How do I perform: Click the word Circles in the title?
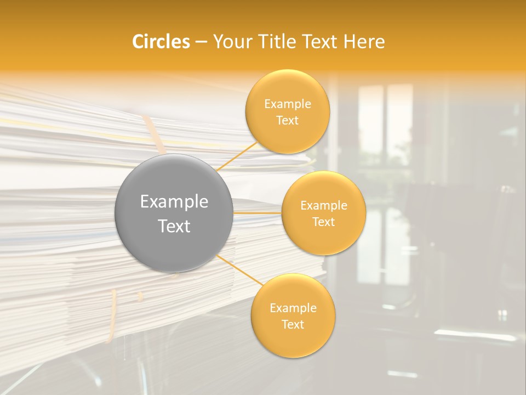click(161, 42)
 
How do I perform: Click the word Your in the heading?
click(232, 42)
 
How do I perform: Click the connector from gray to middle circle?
click(257, 213)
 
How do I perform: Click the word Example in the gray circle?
click(174, 202)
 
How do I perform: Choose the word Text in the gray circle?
click(174, 226)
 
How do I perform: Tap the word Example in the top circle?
click(287, 104)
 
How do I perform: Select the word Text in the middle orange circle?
click(323, 222)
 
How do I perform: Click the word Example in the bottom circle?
click(293, 308)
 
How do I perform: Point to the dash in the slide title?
click(201, 42)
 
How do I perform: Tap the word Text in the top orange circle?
click(287, 121)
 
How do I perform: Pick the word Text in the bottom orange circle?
click(293, 325)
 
